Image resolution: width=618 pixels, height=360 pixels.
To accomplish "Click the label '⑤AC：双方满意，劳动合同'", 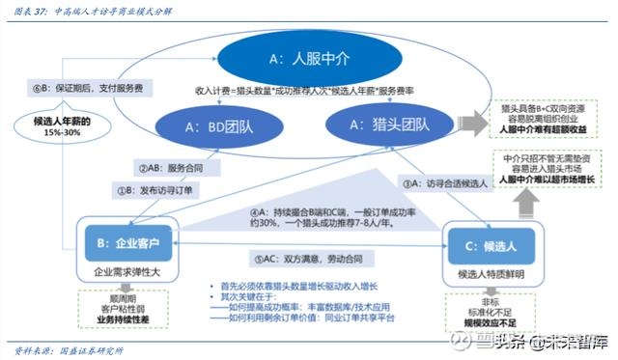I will pos(302,259).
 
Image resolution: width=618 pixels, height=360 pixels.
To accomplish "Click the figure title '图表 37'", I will pos(25,9).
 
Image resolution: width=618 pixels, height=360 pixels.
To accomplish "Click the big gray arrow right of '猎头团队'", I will pos(472,125).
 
